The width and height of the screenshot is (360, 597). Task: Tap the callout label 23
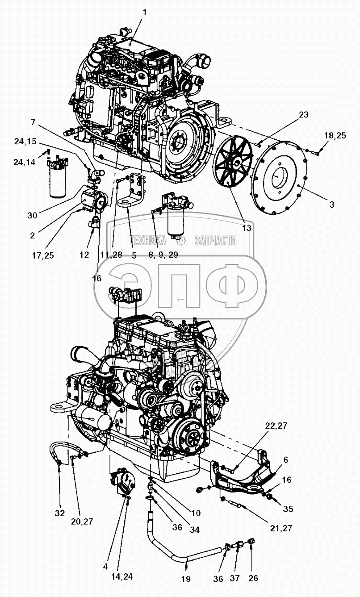[303, 115]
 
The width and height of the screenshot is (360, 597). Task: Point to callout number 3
[331, 204]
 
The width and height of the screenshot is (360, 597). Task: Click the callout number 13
[246, 228]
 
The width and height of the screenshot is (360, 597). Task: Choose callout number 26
[253, 579]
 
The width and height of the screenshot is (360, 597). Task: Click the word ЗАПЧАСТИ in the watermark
[215, 241]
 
